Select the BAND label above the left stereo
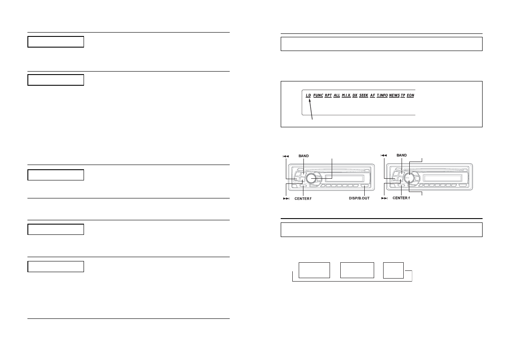304,155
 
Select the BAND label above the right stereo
402,155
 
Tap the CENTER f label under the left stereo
303,198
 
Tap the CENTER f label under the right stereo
401,198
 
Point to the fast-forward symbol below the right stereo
384,198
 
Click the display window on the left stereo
344,178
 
